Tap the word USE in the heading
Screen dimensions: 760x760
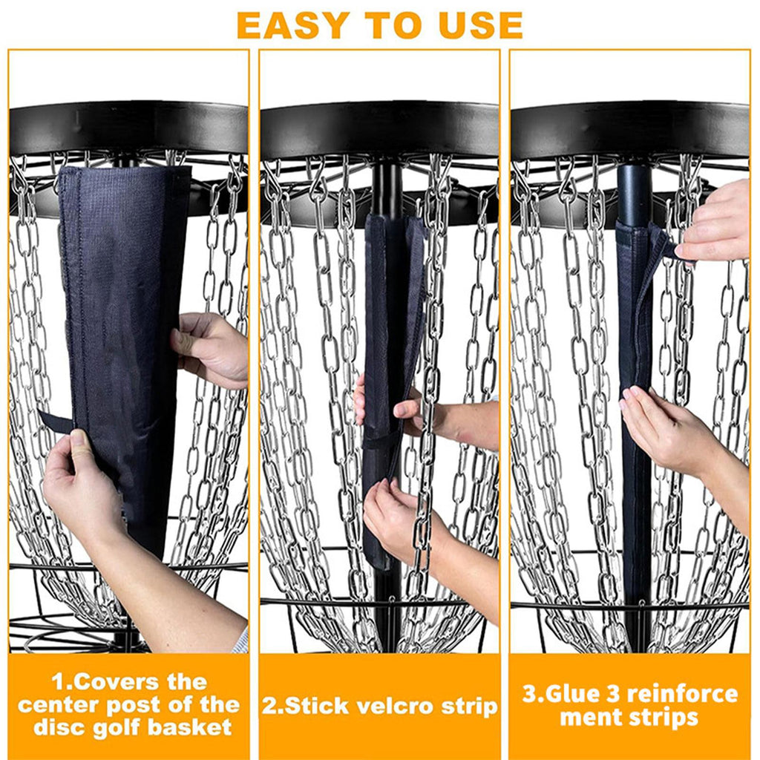480,25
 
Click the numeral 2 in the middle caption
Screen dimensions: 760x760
268,707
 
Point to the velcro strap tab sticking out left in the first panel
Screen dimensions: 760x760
55,420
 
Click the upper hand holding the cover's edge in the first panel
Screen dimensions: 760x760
212,349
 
